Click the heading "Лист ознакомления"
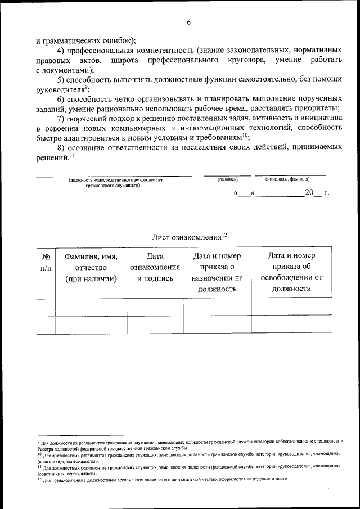188,237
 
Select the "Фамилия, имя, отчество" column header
91,267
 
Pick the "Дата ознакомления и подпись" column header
155,267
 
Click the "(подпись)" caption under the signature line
227,179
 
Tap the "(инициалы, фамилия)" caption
287,179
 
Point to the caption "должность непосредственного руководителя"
115,180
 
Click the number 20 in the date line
309,193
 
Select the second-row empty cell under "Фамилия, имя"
91,325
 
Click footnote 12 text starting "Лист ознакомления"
163,479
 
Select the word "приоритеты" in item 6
318,108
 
